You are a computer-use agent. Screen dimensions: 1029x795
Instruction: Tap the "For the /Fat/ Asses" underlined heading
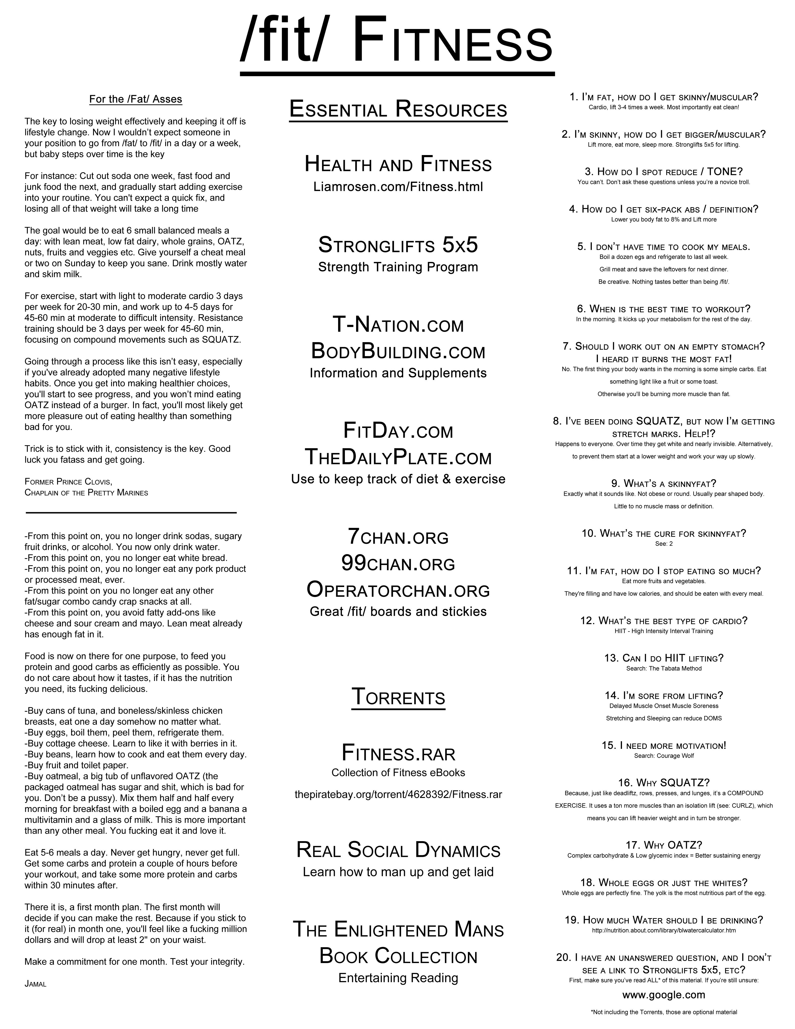coord(136,99)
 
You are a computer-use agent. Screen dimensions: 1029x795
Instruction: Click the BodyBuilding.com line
coord(398,351)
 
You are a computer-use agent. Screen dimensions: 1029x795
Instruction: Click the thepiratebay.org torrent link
coord(398,794)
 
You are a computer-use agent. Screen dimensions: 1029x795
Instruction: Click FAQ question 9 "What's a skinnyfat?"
coord(664,483)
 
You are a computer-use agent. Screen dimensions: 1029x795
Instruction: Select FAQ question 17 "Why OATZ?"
coord(664,845)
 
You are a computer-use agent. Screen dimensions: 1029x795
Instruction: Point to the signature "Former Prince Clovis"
coord(68,482)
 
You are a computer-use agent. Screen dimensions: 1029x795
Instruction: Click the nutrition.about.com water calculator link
coord(664,931)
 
